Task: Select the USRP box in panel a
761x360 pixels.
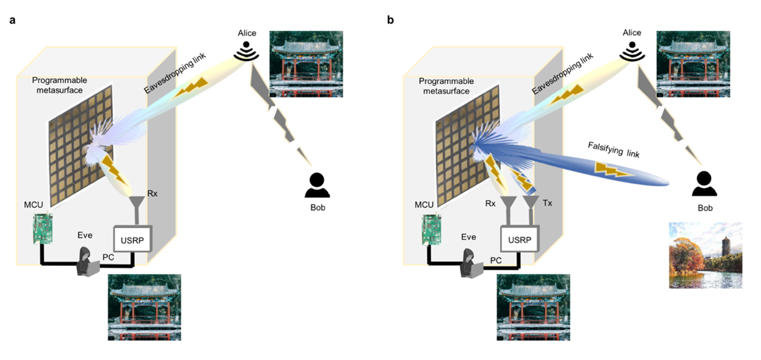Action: click(133, 239)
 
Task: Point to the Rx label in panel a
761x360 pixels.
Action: click(152, 195)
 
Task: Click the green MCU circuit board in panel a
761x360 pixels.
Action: click(43, 229)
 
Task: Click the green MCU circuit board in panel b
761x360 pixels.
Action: click(431, 229)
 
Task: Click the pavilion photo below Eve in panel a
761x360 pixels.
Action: click(144, 307)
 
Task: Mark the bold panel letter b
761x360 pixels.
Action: click(390, 20)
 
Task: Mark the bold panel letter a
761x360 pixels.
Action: click(13, 20)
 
